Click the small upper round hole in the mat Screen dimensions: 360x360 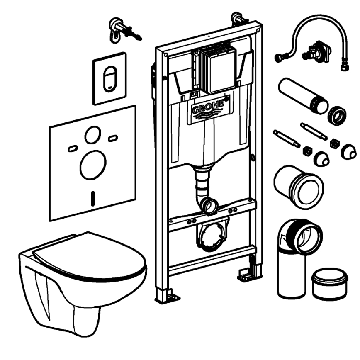[92, 135]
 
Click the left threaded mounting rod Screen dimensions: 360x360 [286, 139]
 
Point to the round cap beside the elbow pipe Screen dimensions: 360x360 [330, 284]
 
